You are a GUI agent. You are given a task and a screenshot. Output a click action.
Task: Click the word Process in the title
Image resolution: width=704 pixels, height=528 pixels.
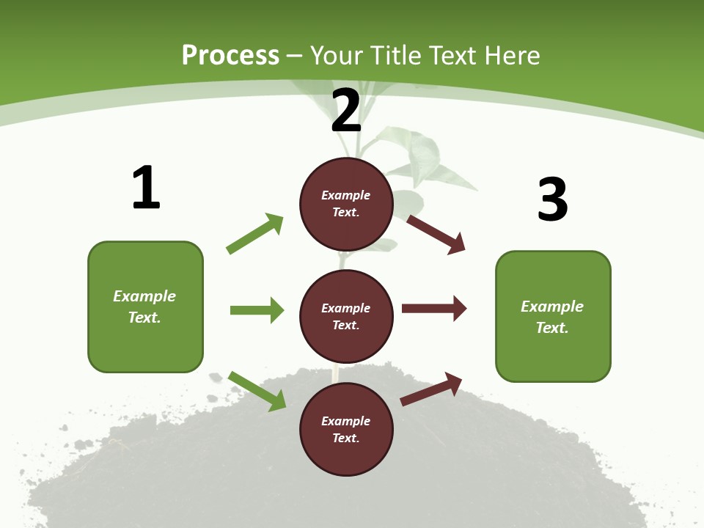230,56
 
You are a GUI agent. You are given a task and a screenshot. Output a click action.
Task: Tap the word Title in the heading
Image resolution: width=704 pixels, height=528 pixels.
393,56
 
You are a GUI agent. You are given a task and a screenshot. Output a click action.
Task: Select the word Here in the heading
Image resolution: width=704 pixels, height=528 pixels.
511,56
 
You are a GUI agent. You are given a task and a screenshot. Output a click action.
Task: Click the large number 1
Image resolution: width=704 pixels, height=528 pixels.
146,188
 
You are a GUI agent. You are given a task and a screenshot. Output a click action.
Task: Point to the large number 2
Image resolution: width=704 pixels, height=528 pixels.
346,111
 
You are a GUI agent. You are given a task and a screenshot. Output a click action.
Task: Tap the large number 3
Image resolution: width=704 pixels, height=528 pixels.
552,199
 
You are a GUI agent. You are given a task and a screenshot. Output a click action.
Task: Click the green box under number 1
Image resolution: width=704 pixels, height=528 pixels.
145,307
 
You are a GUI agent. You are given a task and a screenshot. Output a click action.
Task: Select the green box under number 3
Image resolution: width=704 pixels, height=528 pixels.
553,317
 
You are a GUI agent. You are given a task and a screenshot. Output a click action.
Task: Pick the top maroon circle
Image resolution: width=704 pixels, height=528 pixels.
346,204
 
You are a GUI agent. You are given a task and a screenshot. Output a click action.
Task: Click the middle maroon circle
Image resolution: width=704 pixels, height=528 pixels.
346,316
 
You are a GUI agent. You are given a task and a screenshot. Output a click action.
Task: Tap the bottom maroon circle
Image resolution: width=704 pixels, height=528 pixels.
346,429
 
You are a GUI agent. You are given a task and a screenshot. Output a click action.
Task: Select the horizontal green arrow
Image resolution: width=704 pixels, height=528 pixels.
257,310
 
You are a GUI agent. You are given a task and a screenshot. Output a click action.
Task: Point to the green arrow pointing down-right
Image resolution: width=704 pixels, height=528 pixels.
257,391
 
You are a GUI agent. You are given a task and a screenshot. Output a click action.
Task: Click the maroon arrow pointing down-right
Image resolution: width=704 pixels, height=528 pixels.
436,234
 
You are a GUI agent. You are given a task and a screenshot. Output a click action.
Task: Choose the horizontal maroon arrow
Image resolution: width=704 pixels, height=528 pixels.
434,309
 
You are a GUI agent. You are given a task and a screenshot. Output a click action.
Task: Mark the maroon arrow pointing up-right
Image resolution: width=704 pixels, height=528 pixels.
431,389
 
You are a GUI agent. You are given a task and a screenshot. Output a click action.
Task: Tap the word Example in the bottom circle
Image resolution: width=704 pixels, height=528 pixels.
346,421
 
